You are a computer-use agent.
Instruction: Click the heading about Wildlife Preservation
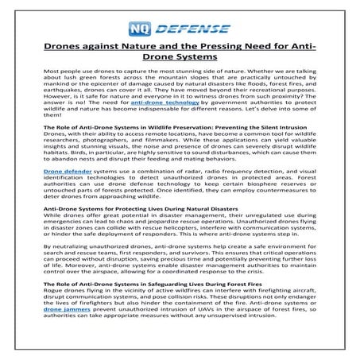[x=179, y=126]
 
